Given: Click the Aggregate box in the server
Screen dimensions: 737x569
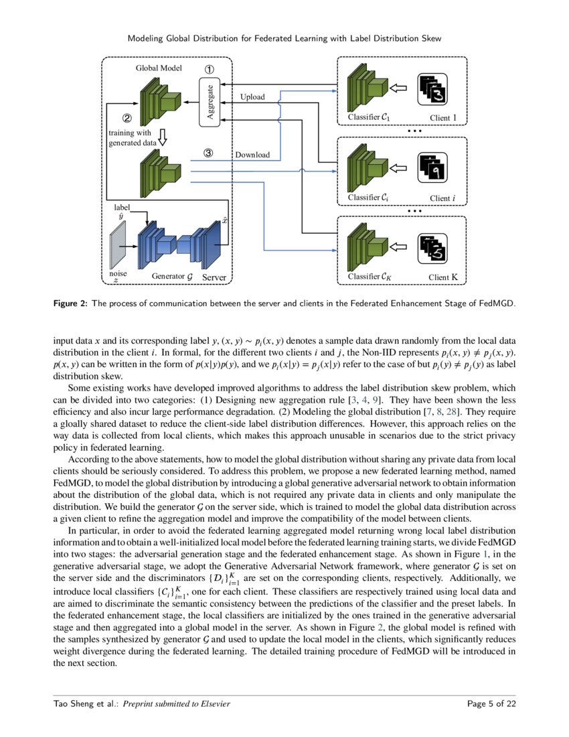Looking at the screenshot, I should (210, 103).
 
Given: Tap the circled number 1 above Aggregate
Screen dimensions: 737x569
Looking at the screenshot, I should (210, 69).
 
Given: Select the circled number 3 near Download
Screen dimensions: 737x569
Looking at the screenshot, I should (208, 153).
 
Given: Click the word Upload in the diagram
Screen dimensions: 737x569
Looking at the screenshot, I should (252, 97).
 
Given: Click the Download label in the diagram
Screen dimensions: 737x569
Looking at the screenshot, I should (252, 155).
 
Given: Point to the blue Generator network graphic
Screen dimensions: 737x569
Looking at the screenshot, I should (180, 245).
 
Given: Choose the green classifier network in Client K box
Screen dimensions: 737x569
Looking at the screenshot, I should (368, 247).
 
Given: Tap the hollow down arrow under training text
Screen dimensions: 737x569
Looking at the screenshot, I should (161, 137).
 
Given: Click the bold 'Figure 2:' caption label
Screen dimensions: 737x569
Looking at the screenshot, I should (70, 303).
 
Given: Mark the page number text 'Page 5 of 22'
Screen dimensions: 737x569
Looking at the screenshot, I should (491, 703).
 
